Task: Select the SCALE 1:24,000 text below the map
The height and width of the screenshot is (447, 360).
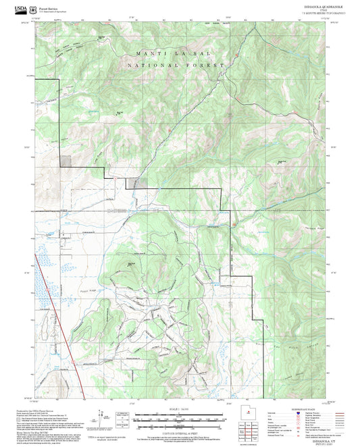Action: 180,408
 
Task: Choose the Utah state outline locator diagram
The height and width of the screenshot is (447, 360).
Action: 246,413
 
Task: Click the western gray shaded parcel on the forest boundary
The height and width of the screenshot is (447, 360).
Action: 66,161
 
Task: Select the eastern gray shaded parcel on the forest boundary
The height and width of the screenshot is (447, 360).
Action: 138,182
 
